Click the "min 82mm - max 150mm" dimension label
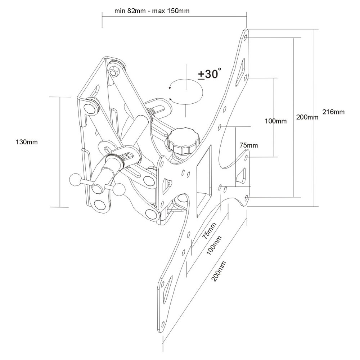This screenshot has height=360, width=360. pos(152,10)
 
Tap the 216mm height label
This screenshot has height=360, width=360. pos(333,112)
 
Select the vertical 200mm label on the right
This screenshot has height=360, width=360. pos(307,117)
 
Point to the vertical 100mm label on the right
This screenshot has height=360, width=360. pos(276,121)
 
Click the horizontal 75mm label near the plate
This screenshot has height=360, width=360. pos(249,145)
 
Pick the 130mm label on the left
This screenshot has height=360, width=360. pos(27,142)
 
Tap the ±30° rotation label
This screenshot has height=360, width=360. pos(208,74)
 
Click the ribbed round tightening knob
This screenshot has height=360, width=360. pos(181,140)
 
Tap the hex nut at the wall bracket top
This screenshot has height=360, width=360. pos(114,72)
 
